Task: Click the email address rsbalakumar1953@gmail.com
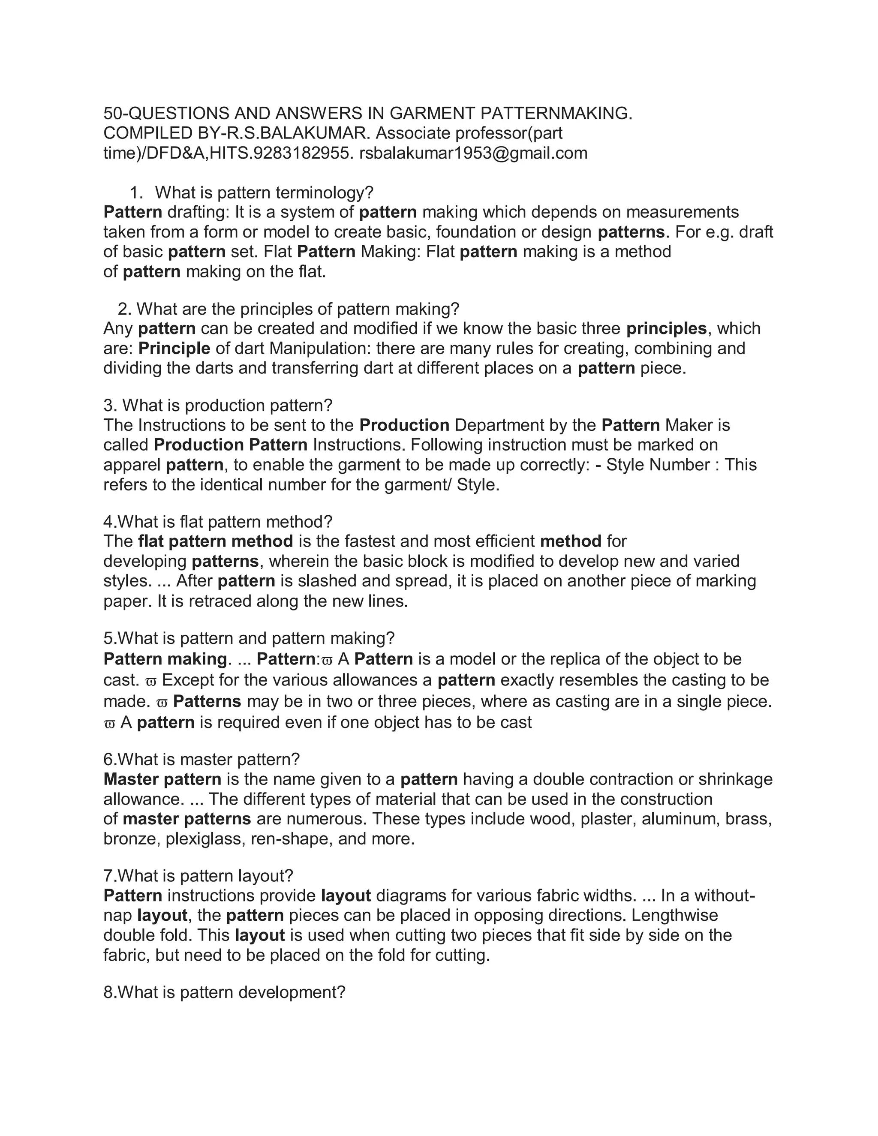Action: click(x=473, y=153)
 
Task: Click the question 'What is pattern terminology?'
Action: click(x=264, y=193)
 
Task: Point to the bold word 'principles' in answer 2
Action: click(x=666, y=329)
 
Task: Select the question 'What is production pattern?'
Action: click(x=227, y=406)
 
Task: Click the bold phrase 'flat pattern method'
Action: click(x=215, y=541)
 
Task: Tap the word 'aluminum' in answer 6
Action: click(x=678, y=819)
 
